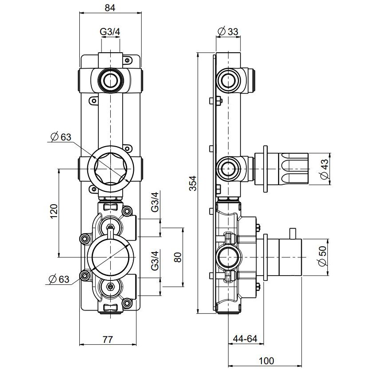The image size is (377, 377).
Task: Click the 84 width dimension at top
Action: (x=110, y=8)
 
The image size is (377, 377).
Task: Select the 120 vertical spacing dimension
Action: (x=53, y=212)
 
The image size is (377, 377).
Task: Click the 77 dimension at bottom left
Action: (x=107, y=340)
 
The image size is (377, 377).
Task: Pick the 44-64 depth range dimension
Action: (x=245, y=339)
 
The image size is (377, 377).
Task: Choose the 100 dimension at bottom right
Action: (x=265, y=361)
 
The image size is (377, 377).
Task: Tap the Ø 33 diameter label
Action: (x=228, y=32)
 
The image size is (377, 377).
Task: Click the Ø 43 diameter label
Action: (x=324, y=170)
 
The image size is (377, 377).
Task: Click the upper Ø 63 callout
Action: (x=60, y=137)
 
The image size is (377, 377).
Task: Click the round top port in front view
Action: (x=110, y=80)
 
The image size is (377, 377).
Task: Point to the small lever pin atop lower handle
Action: (x=293, y=233)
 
